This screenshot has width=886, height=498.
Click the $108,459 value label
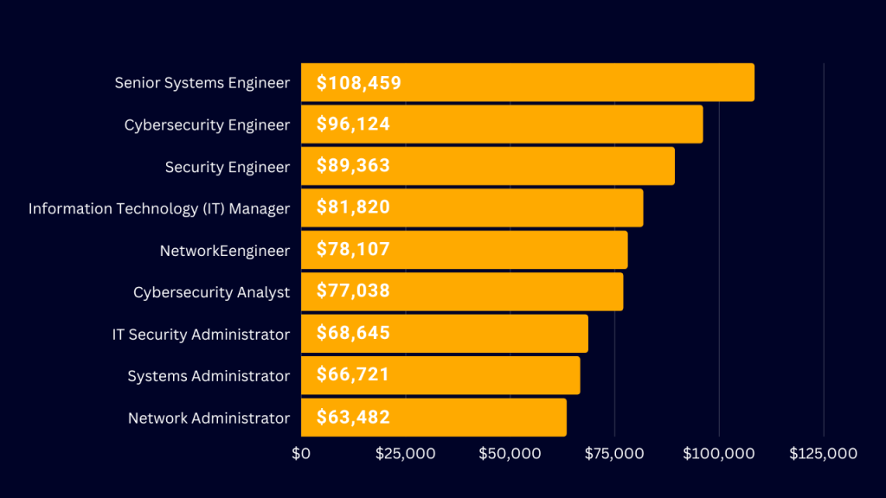(x=358, y=83)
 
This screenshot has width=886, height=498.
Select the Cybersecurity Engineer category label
(x=207, y=125)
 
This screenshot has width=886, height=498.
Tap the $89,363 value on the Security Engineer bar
(x=353, y=166)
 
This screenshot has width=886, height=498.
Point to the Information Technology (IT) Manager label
(x=159, y=208)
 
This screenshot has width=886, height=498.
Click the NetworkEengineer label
(x=225, y=251)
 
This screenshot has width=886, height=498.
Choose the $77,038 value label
(x=353, y=291)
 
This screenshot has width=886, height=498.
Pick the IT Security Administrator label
(x=201, y=335)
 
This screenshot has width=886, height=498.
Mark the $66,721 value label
(x=353, y=375)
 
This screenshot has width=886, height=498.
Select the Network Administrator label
(x=209, y=418)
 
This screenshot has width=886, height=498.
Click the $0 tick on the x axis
(x=301, y=454)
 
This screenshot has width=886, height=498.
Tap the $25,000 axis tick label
(x=405, y=454)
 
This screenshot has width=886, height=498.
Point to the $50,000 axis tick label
(x=510, y=454)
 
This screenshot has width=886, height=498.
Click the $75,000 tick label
(x=614, y=454)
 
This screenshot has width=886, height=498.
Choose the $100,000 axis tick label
(x=718, y=454)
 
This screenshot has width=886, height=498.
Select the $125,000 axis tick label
(x=823, y=454)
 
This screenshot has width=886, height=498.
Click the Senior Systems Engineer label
(x=202, y=83)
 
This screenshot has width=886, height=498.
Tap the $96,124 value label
(x=353, y=124)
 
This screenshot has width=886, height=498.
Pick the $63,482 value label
(x=353, y=418)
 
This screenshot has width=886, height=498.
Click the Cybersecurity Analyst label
(x=211, y=292)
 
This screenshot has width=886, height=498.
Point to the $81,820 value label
(x=353, y=207)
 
